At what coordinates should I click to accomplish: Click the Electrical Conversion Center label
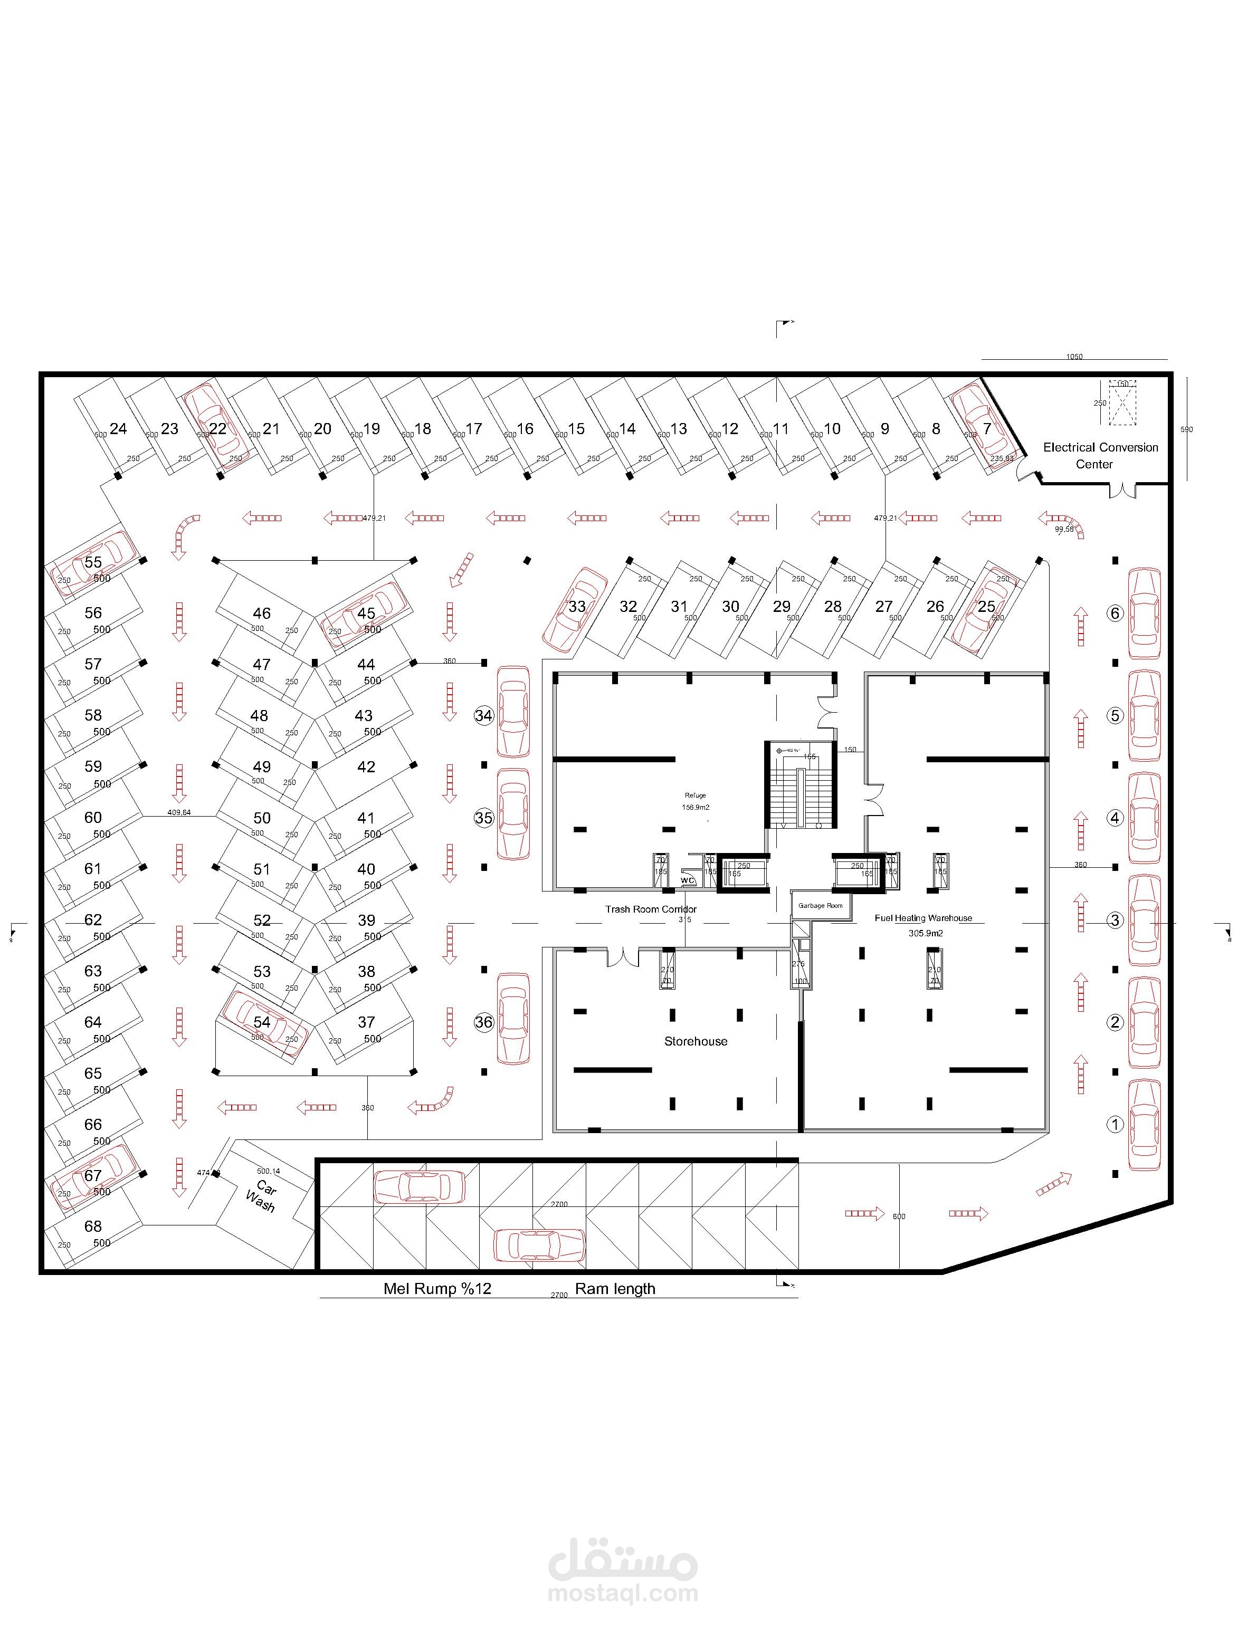1100,456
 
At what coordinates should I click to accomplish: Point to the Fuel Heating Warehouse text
922,918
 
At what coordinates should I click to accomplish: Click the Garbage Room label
820,906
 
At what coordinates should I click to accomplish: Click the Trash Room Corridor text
650,909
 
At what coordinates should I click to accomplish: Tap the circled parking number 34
484,716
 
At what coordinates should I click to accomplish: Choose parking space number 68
93,1226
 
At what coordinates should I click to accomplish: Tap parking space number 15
576,429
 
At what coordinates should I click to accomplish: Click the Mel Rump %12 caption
437,1289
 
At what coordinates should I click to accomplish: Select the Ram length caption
615,1289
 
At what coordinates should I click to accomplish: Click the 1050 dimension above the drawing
1074,357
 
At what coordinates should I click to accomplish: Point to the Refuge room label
696,795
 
